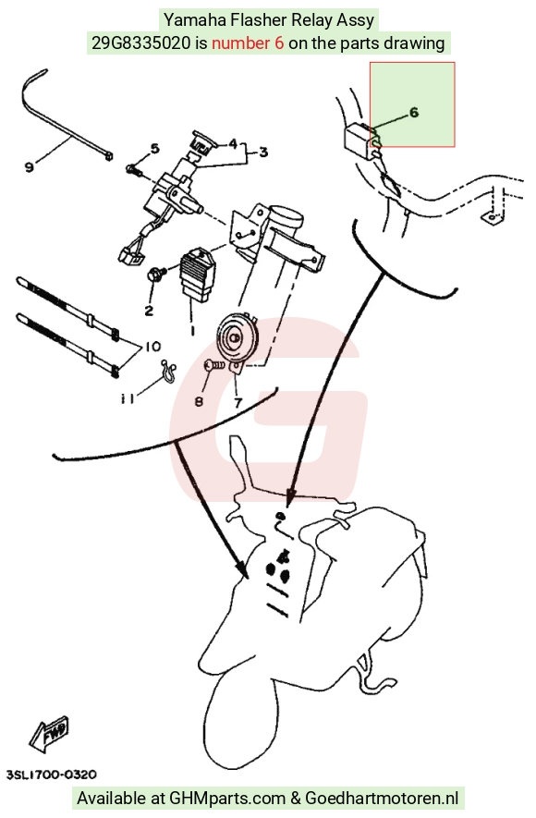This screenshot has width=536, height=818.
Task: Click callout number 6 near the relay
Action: tap(414, 112)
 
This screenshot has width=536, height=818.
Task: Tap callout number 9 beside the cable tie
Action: tap(30, 167)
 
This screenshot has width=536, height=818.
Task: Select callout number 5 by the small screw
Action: tap(155, 149)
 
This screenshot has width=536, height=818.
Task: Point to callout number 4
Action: tap(233, 143)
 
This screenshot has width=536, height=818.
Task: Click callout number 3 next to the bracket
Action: tap(263, 153)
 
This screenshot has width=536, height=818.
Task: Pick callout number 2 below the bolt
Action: tap(149, 311)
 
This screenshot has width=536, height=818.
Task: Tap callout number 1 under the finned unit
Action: tap(192, 331)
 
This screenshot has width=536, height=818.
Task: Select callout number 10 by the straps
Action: tap(153, 346)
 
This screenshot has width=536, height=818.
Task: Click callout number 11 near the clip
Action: tap(127, 399)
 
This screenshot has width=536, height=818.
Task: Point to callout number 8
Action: tap(200, 402)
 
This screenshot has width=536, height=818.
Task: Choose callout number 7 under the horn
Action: tap(238, 403)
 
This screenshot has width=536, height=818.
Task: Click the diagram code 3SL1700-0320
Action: tap(52, 775)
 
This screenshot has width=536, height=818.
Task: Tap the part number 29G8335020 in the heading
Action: tap(141, 43)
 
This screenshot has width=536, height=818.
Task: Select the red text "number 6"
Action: tap(248, 43)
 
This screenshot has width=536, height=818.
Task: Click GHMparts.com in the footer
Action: tap(226, 799)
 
